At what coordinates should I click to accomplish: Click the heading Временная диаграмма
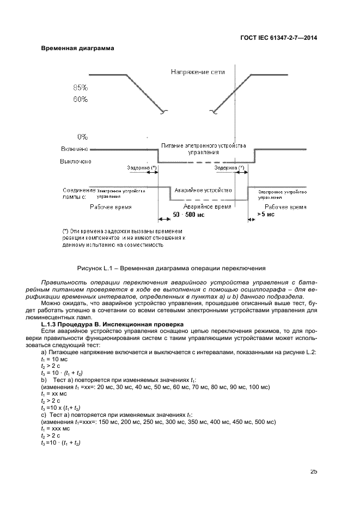tap(78, 48)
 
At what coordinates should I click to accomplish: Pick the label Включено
tap(76, 149)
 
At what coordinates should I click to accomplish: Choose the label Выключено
tap(76, 161)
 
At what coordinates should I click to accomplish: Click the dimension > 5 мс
tap(265, 215)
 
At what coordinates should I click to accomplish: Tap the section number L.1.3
tap(50, 324)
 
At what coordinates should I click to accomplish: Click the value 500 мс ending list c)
tap(266, 422)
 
